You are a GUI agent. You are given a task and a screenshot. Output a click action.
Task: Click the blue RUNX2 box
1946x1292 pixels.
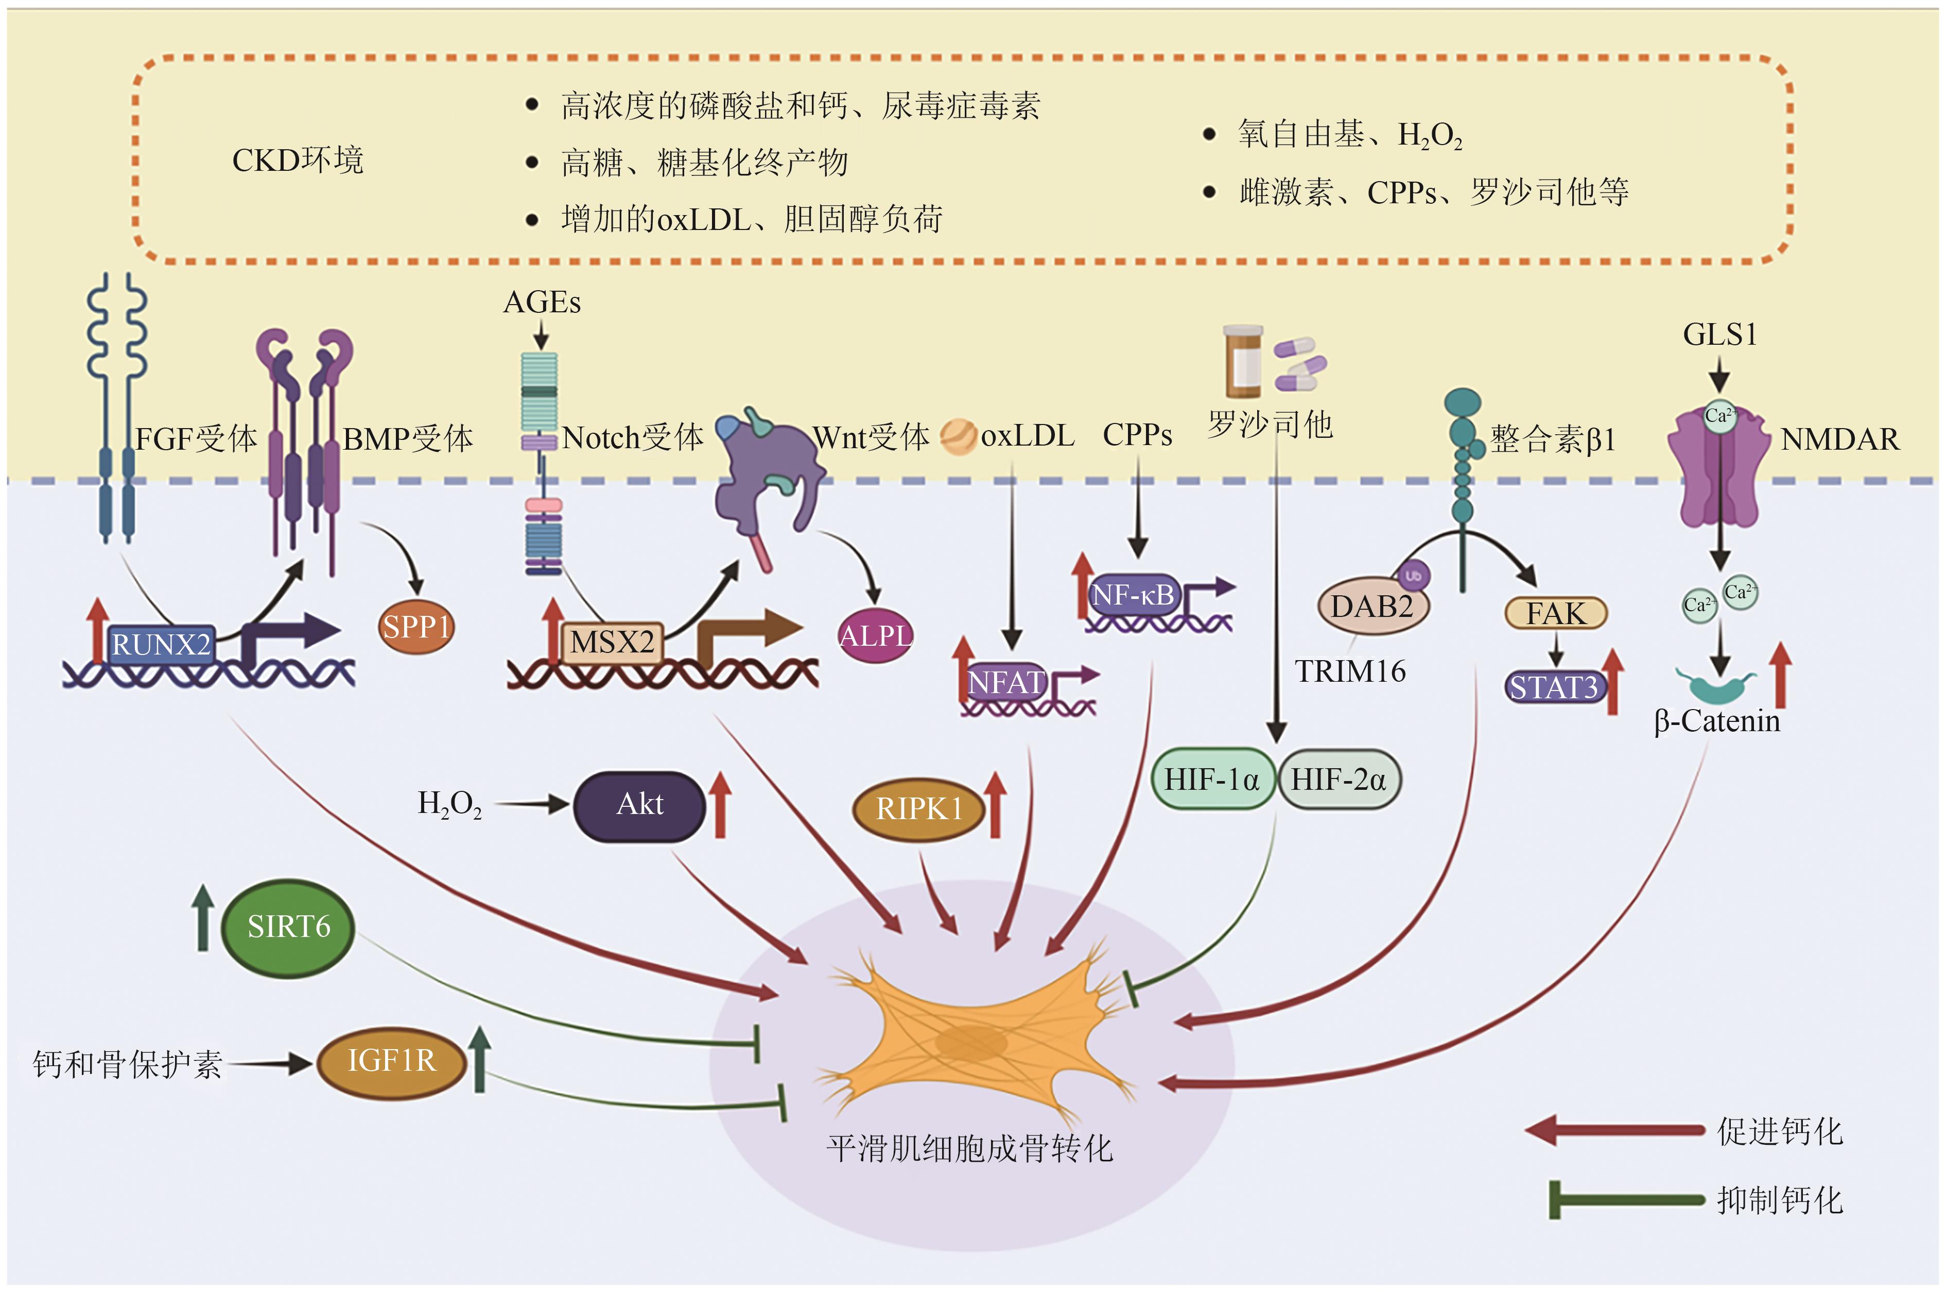click(161, 644)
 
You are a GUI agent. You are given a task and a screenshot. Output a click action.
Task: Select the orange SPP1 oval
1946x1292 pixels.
click(416, 627)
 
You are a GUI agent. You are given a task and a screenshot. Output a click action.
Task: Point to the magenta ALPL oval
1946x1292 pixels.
click(875, 636)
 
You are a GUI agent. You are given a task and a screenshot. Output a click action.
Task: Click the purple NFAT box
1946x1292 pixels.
click(1005, 683)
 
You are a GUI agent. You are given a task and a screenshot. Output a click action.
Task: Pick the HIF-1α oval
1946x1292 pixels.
click(1211, 778)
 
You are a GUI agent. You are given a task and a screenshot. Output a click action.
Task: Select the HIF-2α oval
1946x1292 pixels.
click(1339, 778)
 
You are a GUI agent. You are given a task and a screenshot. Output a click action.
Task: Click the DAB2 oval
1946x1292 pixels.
click(1371, 607)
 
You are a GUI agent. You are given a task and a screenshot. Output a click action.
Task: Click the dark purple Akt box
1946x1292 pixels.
click(639, 805)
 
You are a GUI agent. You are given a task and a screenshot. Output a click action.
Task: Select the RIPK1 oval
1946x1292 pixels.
click(919, 809)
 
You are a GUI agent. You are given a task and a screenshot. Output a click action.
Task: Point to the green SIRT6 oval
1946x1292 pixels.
click(288, 927)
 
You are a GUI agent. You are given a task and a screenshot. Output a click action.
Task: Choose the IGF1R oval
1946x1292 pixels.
click(391, 1061)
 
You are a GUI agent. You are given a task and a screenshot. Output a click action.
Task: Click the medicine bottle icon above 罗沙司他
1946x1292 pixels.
click(1242, 361)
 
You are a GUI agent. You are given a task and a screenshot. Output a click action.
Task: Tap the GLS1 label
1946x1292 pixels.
click(1719, 334)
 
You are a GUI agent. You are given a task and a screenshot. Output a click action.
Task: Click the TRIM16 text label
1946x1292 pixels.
click(1349, 671)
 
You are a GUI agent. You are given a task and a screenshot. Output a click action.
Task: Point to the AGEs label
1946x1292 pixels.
click(542, 303)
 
